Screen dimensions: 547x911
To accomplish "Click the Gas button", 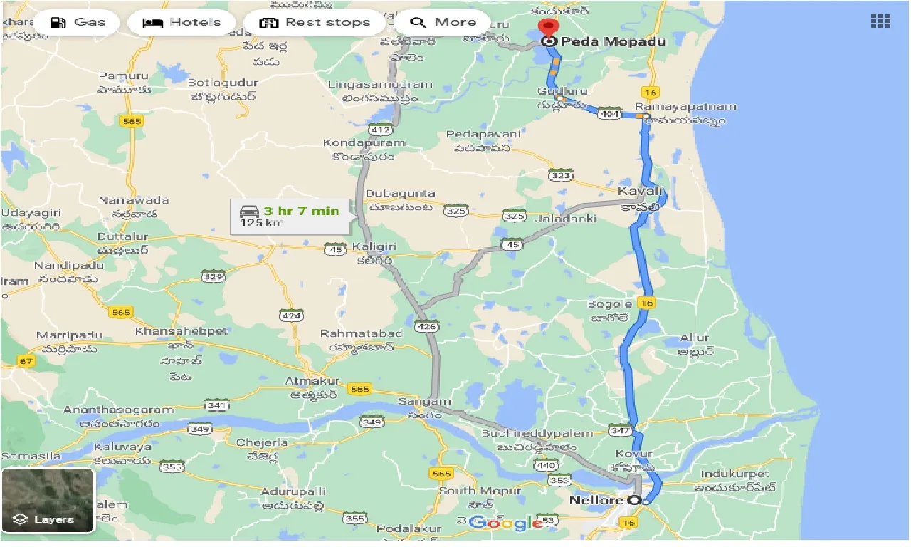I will (78, 22).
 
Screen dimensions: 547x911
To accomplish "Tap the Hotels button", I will (181, 22).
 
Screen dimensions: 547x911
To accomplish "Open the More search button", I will (443, 22).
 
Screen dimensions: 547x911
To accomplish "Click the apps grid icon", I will (880, 21).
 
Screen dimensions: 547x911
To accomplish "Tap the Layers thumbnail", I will (48, 501).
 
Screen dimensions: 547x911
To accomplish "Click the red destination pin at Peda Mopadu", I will (548, 28).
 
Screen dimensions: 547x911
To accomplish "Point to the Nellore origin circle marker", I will (636, 501).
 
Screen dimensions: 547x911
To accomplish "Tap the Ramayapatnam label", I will (685, 107).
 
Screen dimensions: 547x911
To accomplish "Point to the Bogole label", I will (610, 304).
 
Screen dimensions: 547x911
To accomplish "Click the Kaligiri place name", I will (374, 248).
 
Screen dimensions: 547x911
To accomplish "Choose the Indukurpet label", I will (734, 474).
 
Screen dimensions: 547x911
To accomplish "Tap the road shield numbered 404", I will (609, 114).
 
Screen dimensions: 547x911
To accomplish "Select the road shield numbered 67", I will (26, 362).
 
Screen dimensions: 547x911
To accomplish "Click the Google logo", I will (506, 523).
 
